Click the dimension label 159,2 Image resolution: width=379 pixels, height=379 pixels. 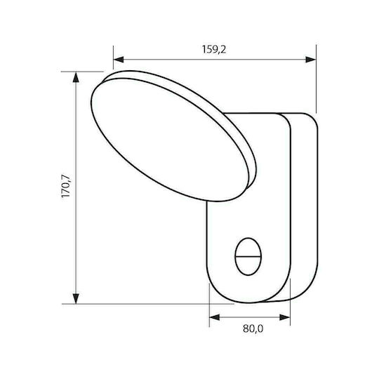coord(214,50)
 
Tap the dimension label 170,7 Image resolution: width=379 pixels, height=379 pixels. coord(66,185)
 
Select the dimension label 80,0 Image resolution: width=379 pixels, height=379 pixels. coord(253,328)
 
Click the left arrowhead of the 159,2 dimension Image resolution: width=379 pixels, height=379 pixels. coord(119,60)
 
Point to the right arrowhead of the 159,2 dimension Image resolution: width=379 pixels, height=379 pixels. coord(311,60)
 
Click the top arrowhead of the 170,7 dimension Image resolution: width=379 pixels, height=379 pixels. coord(76,77)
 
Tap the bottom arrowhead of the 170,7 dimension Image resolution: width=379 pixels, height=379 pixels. coord(76,298)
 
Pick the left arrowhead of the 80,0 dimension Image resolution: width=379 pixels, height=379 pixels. coord(214,317)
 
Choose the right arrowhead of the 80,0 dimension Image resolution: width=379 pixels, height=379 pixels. coord(285,317)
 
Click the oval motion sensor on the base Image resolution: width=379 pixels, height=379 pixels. coord(248,256)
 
